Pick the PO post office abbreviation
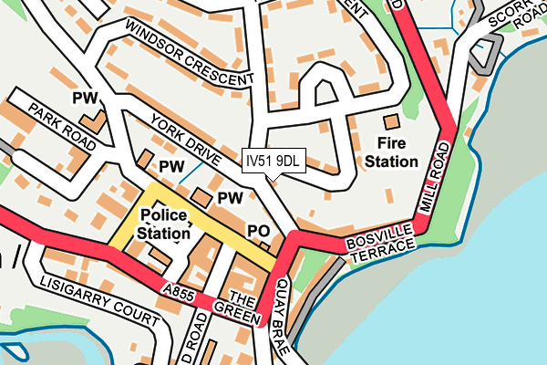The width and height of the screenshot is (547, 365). tap(258, 231)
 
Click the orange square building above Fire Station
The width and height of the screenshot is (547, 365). tap(391, 121)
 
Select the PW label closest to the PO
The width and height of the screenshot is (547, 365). tap(229, 197)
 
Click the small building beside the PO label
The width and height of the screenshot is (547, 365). tap(266, 245)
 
